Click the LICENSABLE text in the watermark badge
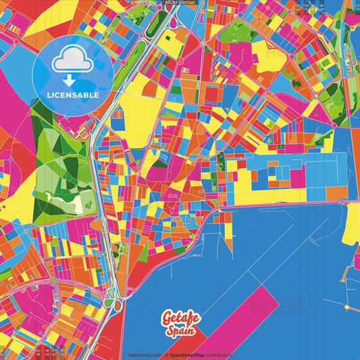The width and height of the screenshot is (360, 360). point(73,95)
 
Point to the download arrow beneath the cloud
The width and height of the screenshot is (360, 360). point(72,79)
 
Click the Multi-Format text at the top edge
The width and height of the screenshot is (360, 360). point(179,3)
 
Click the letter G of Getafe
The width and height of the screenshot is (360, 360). point(166,317)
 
